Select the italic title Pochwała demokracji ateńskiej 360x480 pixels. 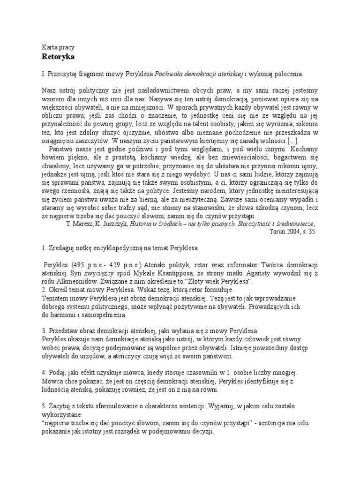point(199,74)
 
